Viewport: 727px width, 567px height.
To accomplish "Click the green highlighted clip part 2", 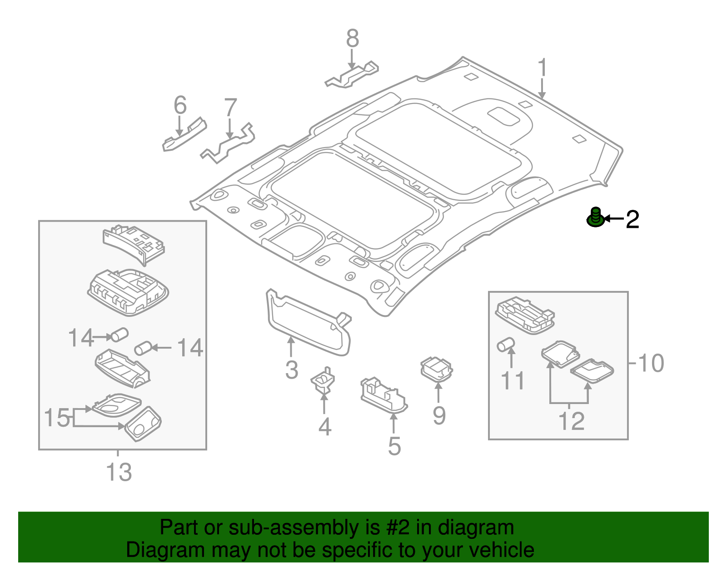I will tap(595, 218).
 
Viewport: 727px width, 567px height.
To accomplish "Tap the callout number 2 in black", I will tap(632, 220).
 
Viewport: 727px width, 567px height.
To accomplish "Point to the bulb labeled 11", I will tap(505, 344).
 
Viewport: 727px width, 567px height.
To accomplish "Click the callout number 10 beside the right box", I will tap(651, 363).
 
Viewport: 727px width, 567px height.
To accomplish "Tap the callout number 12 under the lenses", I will tap(571, 421).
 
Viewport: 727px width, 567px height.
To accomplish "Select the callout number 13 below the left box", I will tap(119, 472).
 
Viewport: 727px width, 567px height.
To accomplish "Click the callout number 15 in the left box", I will tap(57, 418).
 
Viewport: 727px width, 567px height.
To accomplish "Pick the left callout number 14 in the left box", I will tap(80, 338).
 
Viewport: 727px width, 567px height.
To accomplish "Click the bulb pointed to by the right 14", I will tap(142, 349).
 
